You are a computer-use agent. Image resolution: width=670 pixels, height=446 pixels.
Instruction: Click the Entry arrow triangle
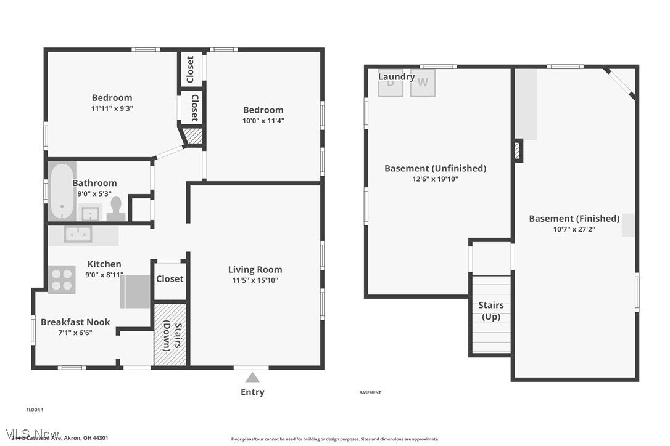click(x=252, y=378)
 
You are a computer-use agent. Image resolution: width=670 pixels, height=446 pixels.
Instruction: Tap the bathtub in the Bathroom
click(x=62, y=191)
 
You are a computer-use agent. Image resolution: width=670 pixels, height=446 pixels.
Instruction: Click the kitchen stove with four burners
click(x=62, y=279)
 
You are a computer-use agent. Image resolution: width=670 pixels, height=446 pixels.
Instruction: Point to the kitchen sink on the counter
click(x=78, y=234)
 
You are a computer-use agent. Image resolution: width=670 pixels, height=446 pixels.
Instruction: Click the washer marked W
click(x=423, y=83)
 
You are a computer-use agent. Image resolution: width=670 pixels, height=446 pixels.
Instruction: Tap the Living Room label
click(x=255, y=269)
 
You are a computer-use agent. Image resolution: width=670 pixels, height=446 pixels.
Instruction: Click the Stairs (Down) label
click(x=170, y=336)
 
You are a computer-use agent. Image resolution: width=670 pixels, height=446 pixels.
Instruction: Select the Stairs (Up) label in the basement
click(x=491, y=311)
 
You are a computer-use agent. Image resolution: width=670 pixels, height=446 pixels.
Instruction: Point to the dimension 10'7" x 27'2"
click(x=574, y=229)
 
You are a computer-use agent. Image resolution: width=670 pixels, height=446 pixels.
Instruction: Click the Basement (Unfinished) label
click(x=435, y=168)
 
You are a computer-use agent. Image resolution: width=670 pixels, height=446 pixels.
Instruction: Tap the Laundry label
click(x=396, y=77)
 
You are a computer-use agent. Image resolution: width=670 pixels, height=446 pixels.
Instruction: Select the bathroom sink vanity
click(x=90, y=213)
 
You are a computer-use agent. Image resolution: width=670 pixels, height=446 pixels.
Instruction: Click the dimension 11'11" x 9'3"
click(x=112, y=108)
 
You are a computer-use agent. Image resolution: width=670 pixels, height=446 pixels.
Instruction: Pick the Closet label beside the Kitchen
click(x=170, y=278)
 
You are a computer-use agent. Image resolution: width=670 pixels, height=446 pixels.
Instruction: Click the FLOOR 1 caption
click(x=35, y=410)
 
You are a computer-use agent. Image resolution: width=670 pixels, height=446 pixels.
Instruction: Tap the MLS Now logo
click(x=31, y=434)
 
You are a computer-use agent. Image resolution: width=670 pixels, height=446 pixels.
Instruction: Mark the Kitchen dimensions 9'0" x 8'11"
click(x=104, y=275)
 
